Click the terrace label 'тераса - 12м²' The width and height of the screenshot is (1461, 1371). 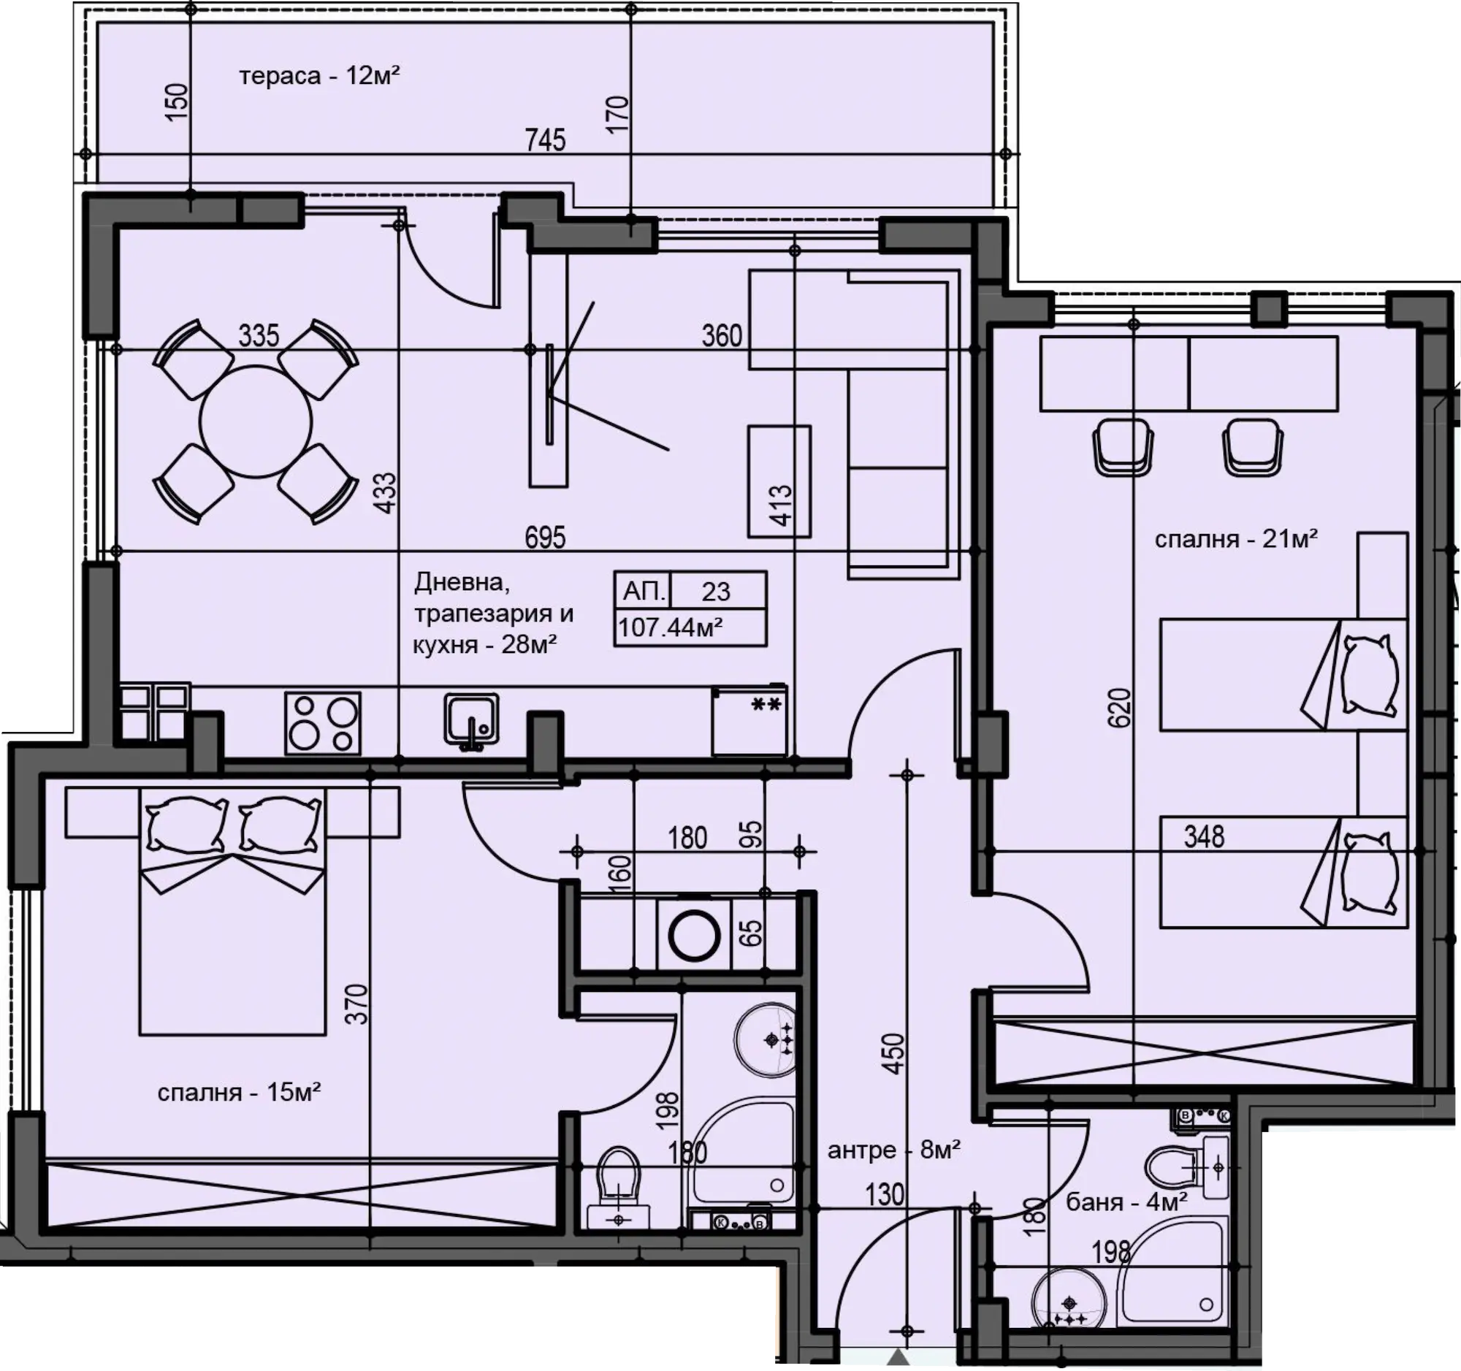pos(320,76)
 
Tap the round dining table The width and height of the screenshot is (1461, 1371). pos(256,421)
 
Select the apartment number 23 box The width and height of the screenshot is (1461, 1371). pos(691,591)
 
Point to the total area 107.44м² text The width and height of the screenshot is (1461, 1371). pos(671,627)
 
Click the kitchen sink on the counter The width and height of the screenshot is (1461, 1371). pos(471,721)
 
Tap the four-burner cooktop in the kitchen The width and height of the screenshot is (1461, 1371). pos(323,723)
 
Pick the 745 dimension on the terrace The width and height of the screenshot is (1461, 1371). pos(545,140)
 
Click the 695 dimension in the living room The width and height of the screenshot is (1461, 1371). pos(545,538)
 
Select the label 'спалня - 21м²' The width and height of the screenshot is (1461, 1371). pos(1236,539)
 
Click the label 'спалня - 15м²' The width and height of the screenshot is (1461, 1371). pos(239,1093)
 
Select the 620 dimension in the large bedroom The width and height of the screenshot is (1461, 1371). pos(1119,707)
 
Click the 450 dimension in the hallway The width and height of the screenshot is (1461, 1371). pos(893,1053)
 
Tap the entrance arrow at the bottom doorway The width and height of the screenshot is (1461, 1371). pos(896,1358)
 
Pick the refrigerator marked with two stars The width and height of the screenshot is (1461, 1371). pos(749,721)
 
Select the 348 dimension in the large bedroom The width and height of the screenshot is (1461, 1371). pos(1204,837)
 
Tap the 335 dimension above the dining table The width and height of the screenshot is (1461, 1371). pos(259,336)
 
